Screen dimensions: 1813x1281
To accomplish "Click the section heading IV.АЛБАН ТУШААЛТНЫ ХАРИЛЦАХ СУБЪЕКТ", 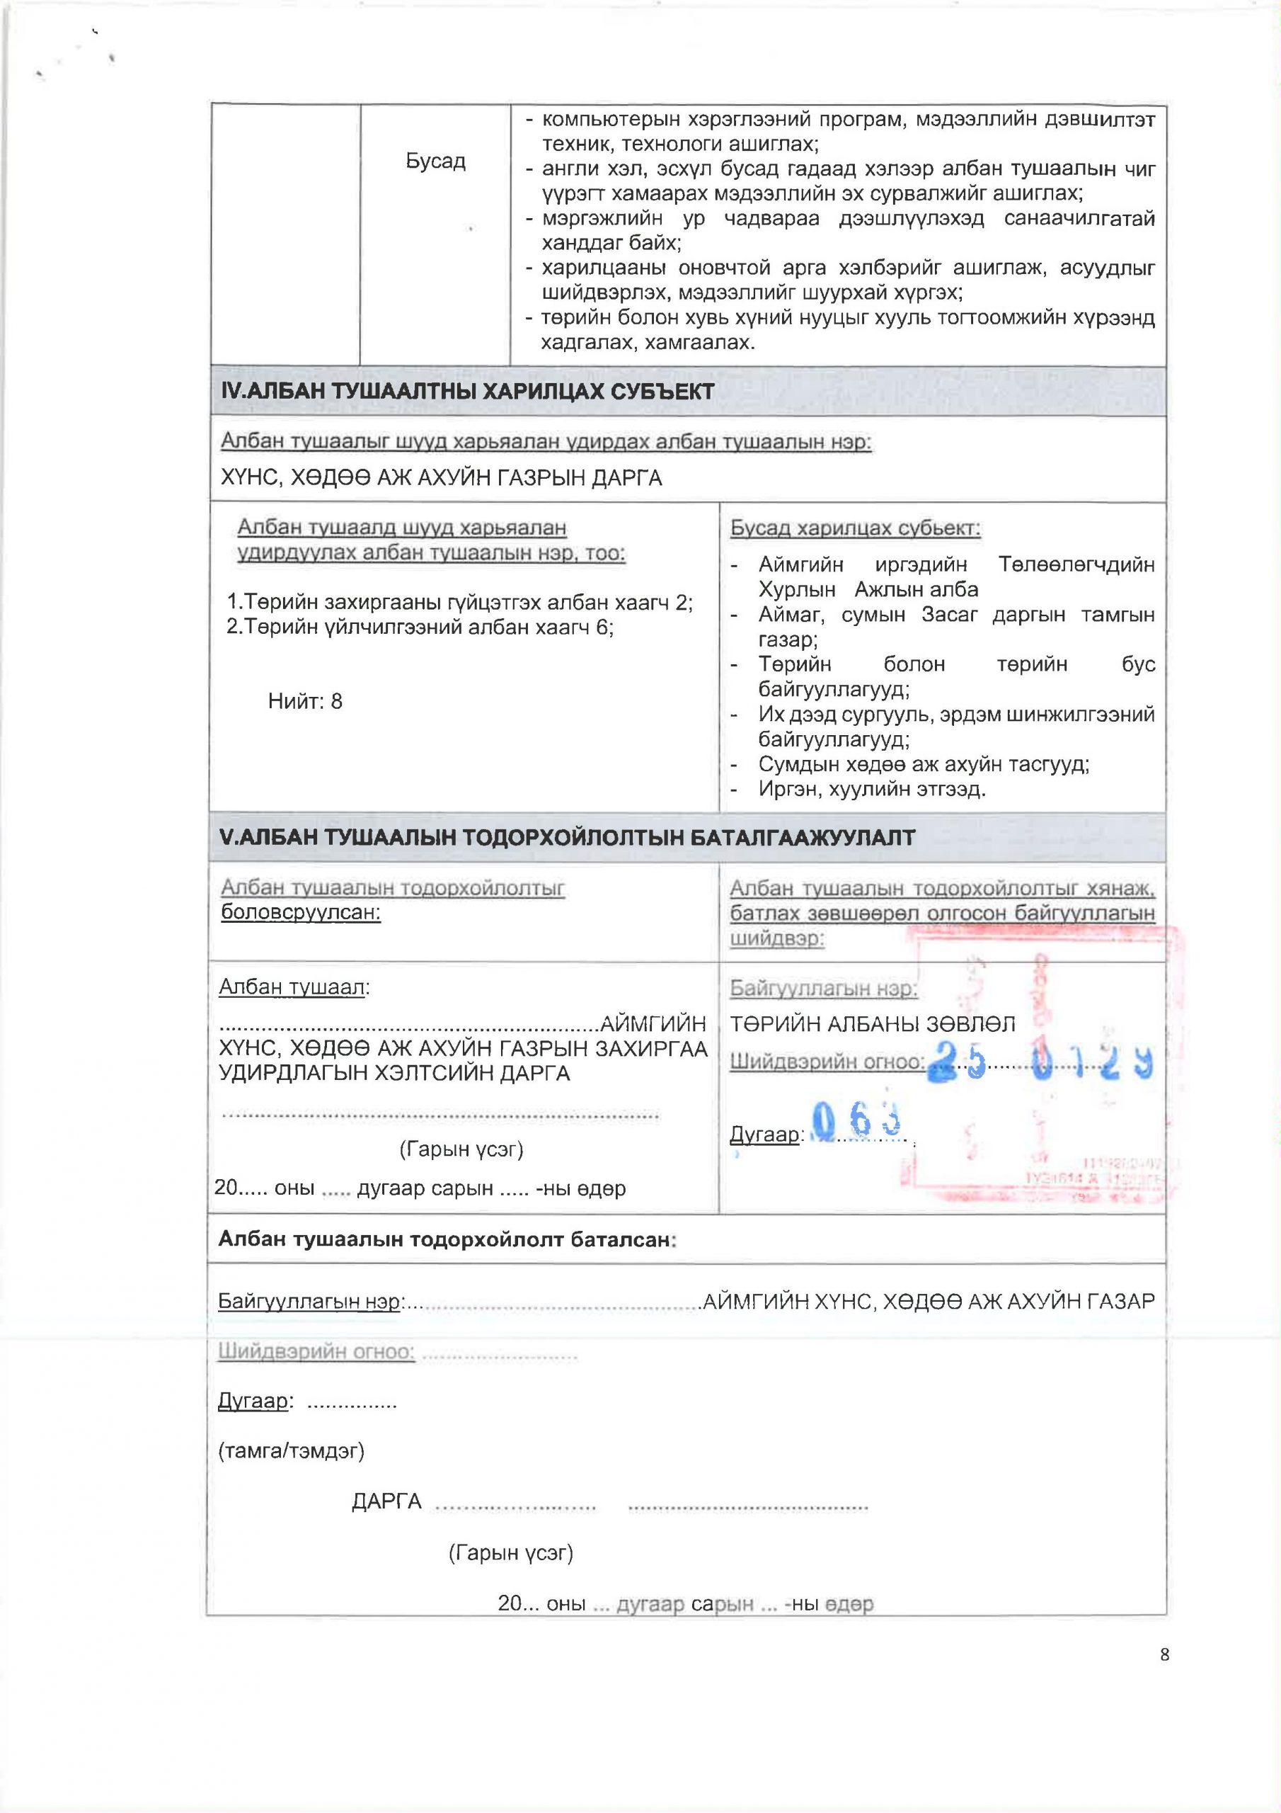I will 467,392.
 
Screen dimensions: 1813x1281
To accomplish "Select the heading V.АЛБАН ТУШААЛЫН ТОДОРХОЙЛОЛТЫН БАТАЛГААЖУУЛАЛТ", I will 568,838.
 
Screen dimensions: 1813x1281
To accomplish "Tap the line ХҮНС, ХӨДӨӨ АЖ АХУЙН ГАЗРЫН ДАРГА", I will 441,479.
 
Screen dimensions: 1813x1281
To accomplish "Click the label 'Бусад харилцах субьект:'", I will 855,528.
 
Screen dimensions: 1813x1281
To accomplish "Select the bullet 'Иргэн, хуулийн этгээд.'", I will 871,789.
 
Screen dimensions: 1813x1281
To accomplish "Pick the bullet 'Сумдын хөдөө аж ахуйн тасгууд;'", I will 924,764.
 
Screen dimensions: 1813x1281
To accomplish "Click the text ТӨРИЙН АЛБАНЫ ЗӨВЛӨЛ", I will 872,1024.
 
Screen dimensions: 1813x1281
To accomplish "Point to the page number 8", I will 1165,1655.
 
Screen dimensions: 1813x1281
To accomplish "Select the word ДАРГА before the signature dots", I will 386,1502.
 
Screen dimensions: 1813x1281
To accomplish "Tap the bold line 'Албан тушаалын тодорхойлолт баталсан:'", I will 447,1239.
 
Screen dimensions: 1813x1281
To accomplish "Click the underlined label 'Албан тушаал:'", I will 294,987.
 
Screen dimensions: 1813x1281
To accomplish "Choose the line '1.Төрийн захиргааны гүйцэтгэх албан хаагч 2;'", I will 459,603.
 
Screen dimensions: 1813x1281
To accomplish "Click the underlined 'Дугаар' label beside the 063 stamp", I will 764,1135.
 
